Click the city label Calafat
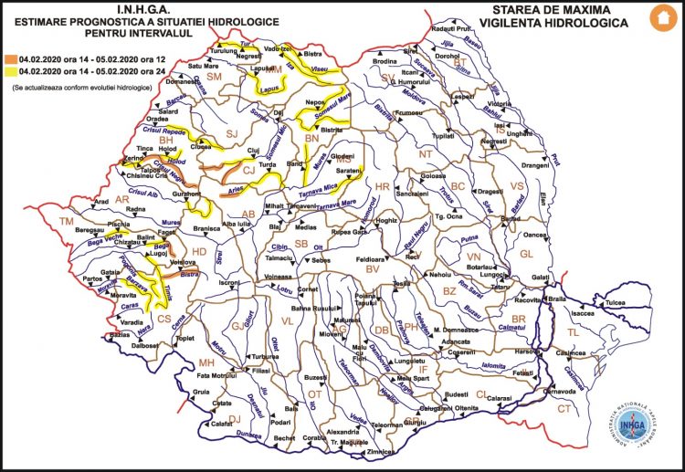224,423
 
